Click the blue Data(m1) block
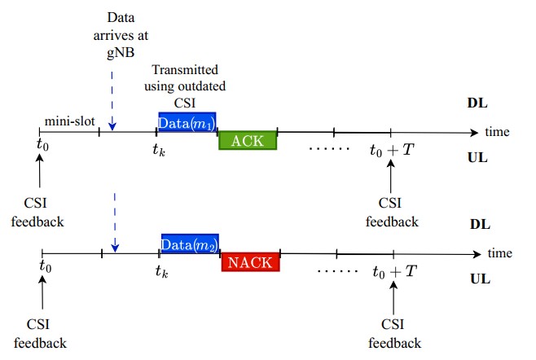[187, 122]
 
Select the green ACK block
[248, 141]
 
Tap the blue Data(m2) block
[190, 244]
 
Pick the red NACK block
[251, 262]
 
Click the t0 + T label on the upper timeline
[392, 150]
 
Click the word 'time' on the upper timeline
[497, 131]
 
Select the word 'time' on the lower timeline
[499, 252]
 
